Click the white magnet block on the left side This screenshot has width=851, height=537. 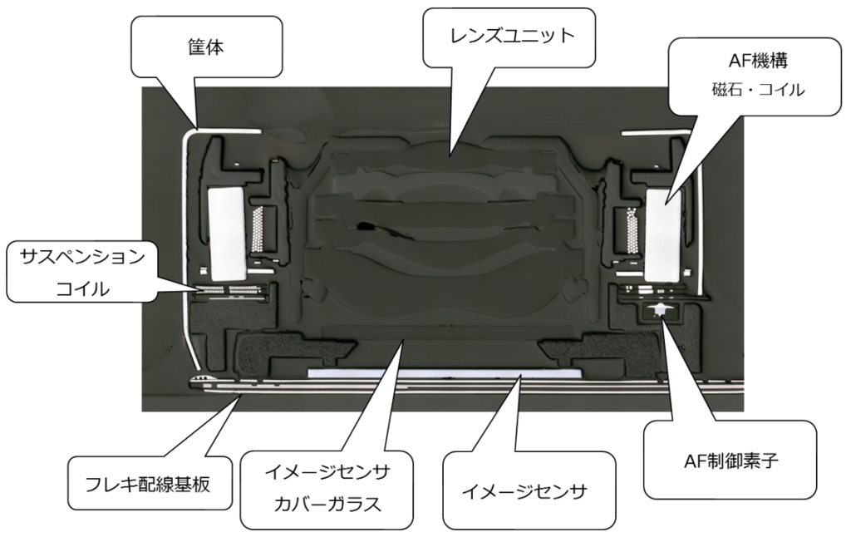[x=225, y=233]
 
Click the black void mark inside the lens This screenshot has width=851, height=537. [x=364, y=225]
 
